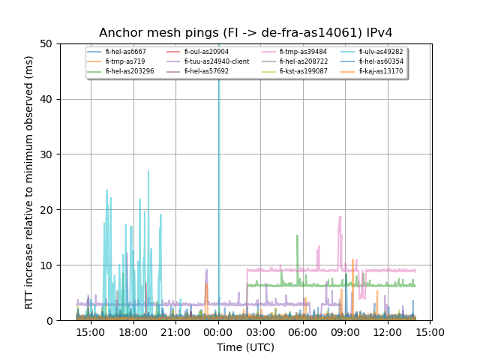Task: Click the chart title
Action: tap(245, 33)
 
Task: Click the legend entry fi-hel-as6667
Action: tap(125, 52)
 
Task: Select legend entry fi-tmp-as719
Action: tap(124, 61)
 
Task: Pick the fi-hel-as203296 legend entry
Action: tap(129, 71)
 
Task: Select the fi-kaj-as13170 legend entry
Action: tap(380, 71)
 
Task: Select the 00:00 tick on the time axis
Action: tap(218, 331)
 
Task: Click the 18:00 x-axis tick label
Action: tap(133, 331)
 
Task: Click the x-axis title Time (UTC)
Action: tap(245, 347)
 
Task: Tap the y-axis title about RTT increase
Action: tap(29, 182)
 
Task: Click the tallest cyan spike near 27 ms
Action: tap(148, 172)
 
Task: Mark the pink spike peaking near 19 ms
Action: tap(340, 218)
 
